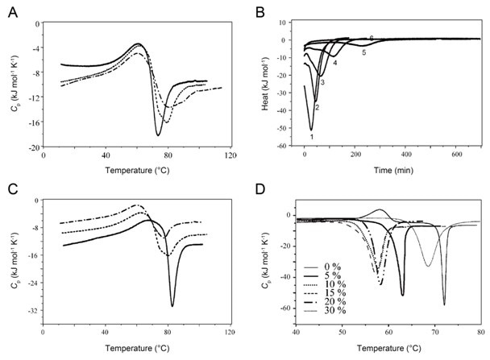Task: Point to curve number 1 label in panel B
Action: tap(311, 137)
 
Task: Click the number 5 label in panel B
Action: tap(363, 52)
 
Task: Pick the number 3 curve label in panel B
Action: tap(322, 83)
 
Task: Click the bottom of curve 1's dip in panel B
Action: tap(311, 129)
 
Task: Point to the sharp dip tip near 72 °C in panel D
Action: tap(444, 304)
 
